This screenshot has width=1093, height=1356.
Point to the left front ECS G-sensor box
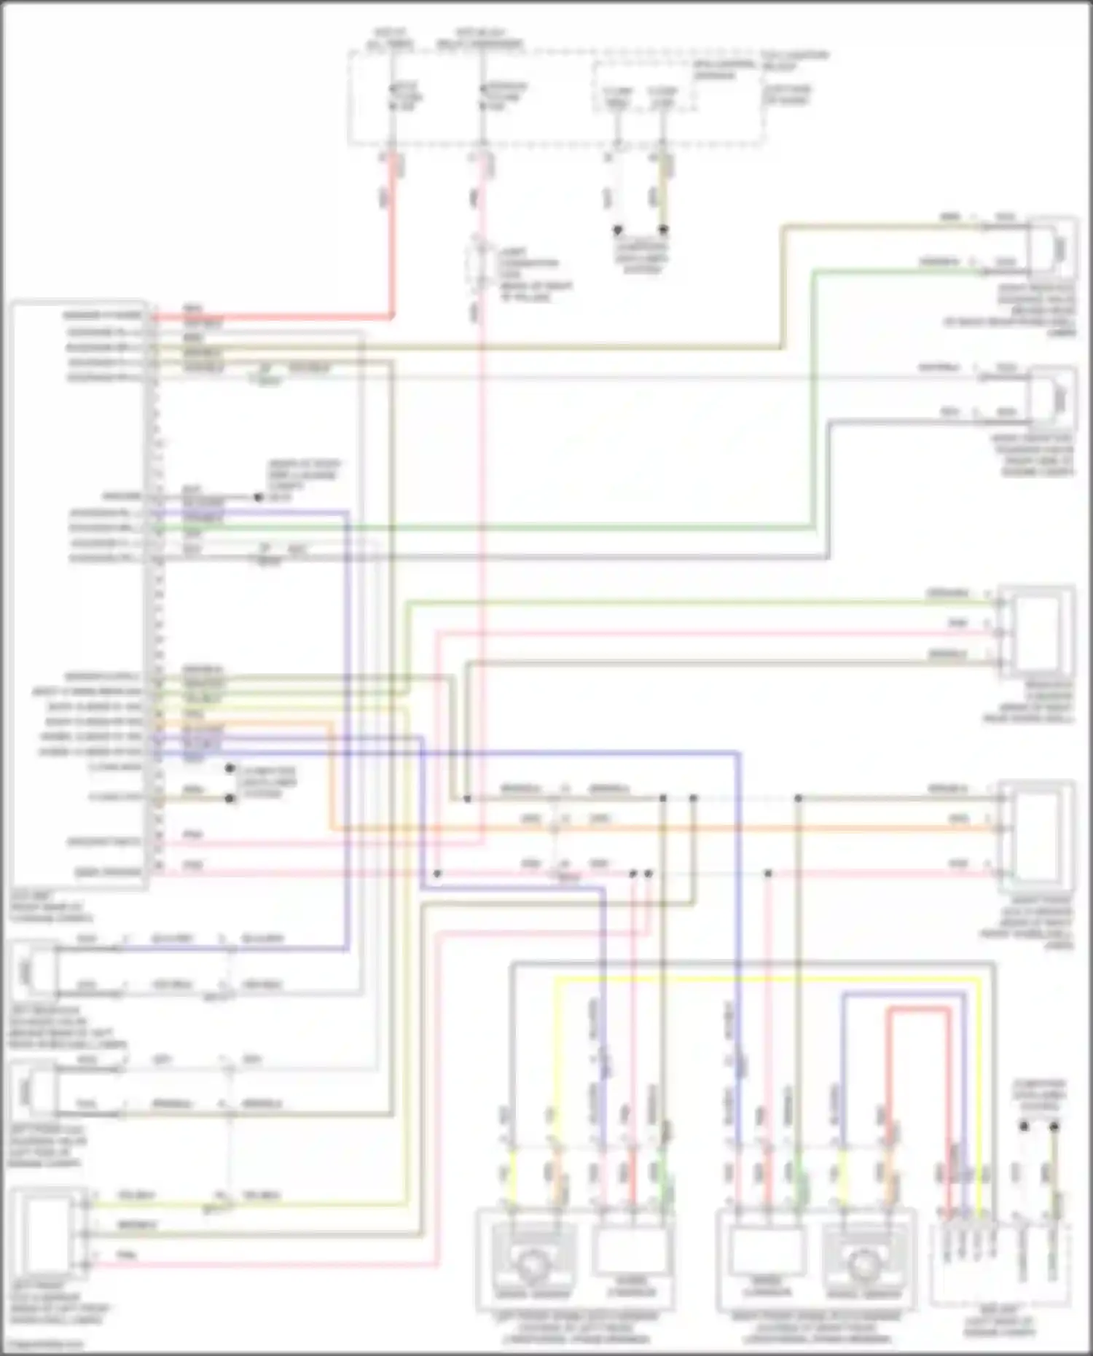tap(45, 1231)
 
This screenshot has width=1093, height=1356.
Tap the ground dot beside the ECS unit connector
tap(258, 498)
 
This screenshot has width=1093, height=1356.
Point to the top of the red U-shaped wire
tap(919, 1009)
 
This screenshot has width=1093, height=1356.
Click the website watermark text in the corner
tap(44, 1344)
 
